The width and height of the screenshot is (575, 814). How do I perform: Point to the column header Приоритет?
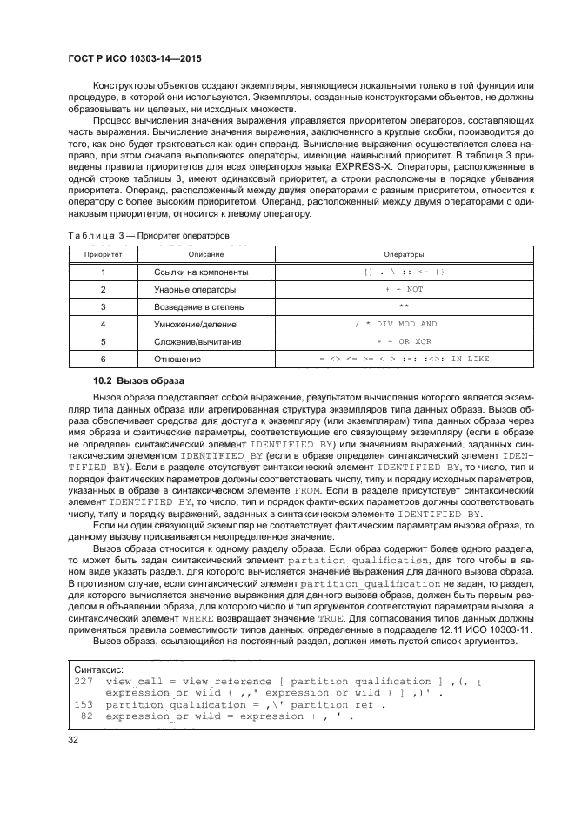[103, 254]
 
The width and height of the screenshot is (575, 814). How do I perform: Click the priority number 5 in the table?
[103, 341]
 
